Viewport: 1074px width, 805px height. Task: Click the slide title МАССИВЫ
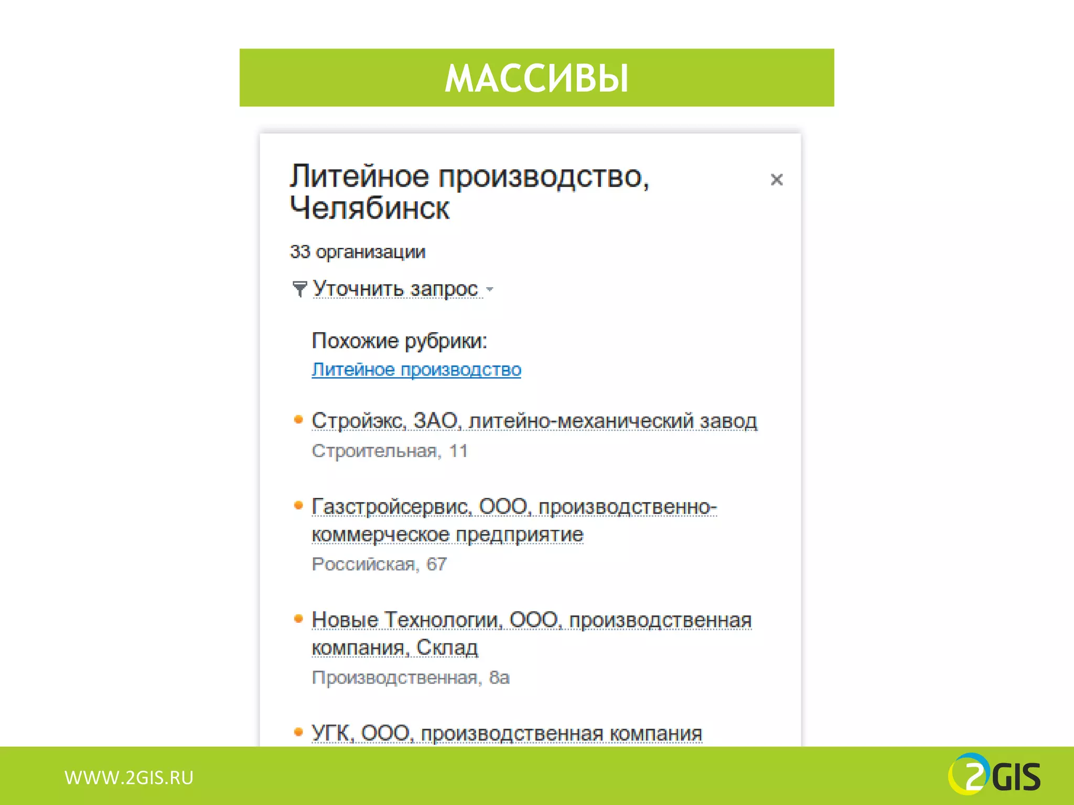[x=536, y=79]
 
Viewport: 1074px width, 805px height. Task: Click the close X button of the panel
[x=776, y=180]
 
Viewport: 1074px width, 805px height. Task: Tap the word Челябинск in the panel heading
[x=370, y=209]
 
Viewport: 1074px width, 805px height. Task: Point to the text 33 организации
[x=358, y=252]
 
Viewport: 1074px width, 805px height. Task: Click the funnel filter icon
[x=299, y=288]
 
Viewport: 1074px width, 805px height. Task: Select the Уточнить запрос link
[x=395, y=289]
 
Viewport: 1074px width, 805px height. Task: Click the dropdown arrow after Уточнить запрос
[x=490, y=289]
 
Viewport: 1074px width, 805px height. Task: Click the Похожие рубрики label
[x=399, y=341]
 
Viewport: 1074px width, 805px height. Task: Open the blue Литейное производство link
[x=416, y=370]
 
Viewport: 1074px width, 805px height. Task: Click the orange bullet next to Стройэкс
[x=298, y=419]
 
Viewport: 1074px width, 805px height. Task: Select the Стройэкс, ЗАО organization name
[x=385, y=421]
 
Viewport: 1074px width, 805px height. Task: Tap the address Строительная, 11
[x=390, y=451]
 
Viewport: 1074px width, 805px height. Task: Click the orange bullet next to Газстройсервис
[x=298, y=505]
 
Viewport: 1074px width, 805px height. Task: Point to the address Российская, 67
[x=379, y=564]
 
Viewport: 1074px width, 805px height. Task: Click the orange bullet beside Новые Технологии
[x=298, y=619]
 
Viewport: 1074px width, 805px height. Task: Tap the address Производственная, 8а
[x=411, y=678]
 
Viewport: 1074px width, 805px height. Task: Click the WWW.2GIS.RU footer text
[x=129, y=778]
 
